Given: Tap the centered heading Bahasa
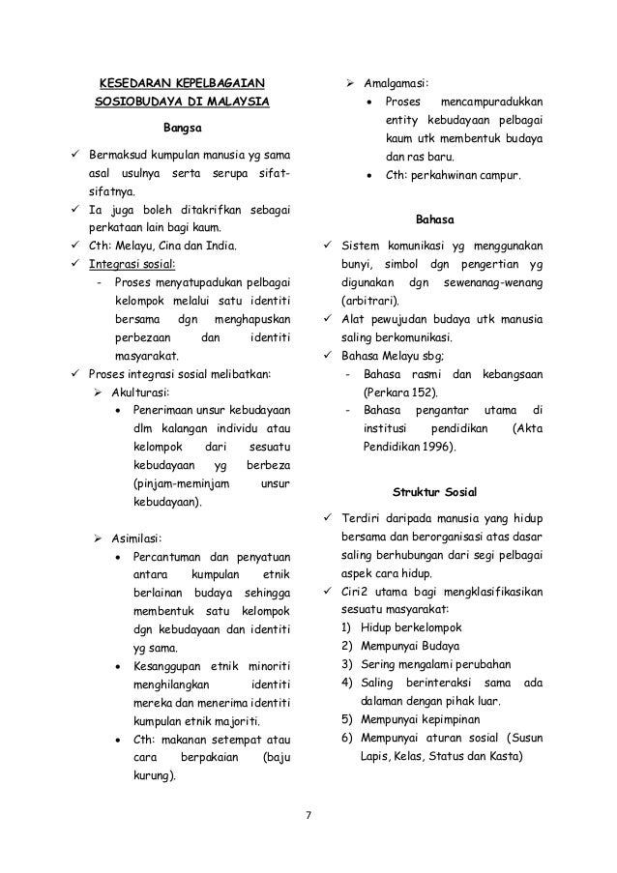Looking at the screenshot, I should pyautogui.click(x=432, y=218).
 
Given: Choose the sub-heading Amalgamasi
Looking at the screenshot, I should pyautogui.click(x=397, y=83).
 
